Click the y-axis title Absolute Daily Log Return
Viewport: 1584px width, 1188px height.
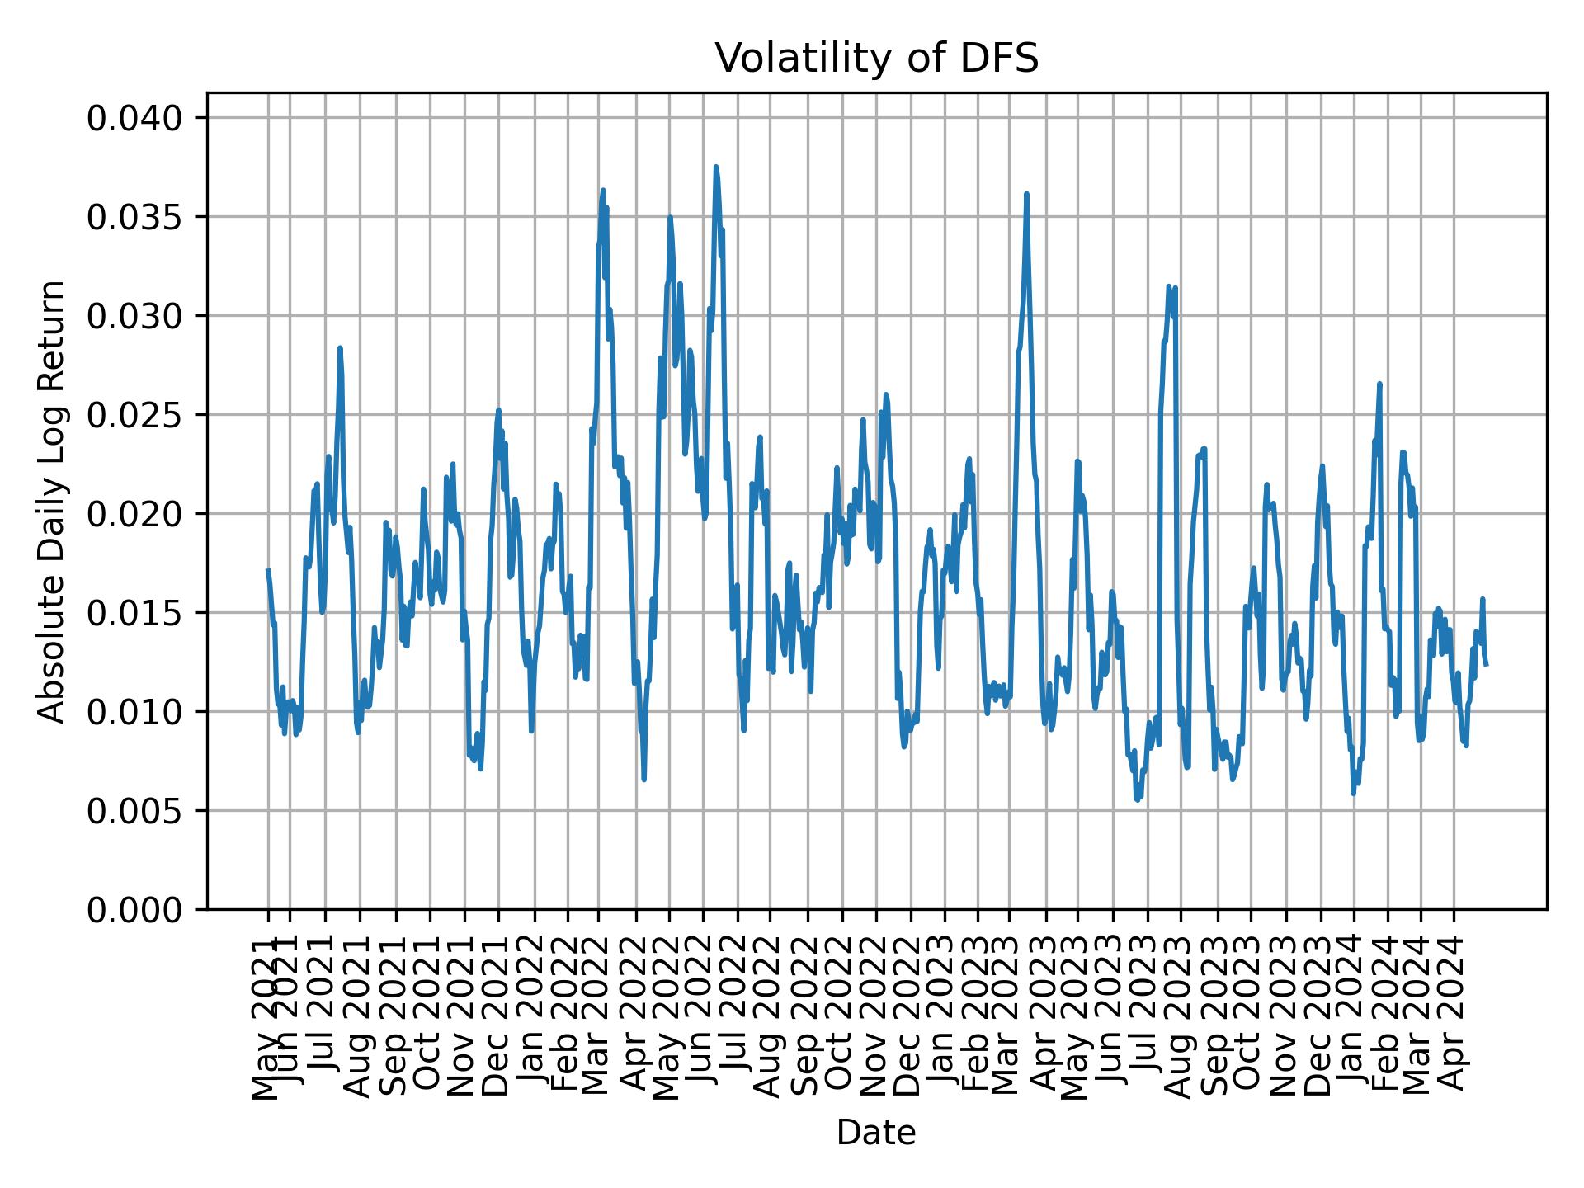(53, 501)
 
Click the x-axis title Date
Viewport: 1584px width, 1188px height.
(876, 1133)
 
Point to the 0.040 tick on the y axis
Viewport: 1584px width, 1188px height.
(137, 119)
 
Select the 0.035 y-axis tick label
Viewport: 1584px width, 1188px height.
(137, 218)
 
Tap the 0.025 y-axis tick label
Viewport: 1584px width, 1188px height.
(137, 415)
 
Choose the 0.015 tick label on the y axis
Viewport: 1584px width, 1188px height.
(137, 613)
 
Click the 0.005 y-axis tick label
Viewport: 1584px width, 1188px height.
(137, 811)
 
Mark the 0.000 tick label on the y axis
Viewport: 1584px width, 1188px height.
(137, 909)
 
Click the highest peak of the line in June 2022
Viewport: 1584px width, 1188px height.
(716, 167)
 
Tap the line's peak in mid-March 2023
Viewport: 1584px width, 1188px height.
(1026, 194)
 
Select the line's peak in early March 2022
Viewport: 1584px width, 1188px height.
(603, 190)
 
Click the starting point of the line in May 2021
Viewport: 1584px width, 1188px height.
(268, 570)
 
